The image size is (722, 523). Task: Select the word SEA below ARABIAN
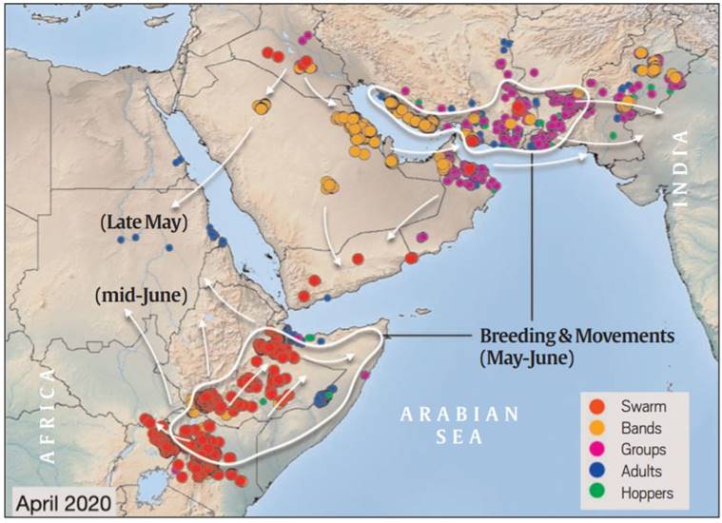click(x=459, y=437)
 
